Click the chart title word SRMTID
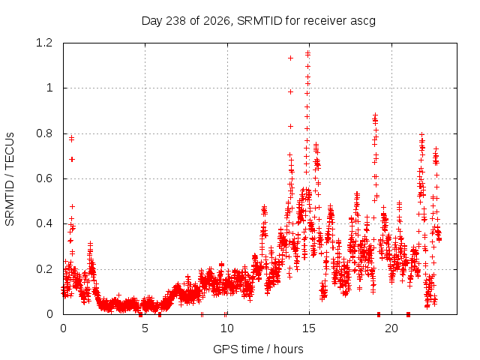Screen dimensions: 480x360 click(259, 21)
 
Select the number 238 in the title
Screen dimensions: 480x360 click(175, 21)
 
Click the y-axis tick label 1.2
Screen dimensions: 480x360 click(44, 43)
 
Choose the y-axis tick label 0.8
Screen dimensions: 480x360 click(44, 133)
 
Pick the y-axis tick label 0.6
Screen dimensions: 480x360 click(44, 178)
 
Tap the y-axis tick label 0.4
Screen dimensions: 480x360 click(44, 223)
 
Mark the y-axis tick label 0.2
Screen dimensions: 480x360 click(44, 269)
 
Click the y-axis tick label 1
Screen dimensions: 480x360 click(49, 88)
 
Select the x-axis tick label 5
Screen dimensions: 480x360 click(145, 328)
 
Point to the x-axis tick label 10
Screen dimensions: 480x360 click(226, 328)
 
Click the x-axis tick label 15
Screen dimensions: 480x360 click(309, 328)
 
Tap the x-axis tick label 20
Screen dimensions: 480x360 click(391, 328)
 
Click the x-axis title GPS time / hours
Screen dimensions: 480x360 click(258, 349)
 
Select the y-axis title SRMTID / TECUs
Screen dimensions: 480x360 click(10, 179)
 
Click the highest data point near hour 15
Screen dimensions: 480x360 click(308, 53)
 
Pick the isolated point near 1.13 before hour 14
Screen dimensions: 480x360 click(290, 58)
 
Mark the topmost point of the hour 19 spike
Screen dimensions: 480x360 click(375, 115)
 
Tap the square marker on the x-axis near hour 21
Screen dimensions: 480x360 click(408, 314)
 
